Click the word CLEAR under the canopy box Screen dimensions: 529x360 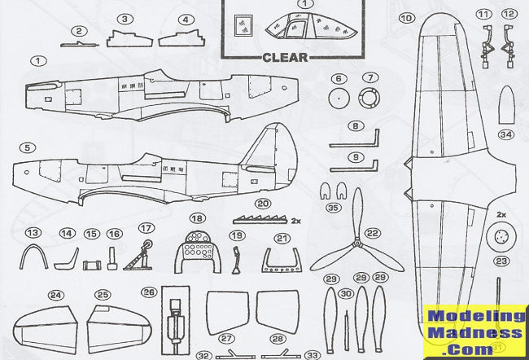click(285, 57)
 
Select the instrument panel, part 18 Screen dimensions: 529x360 click(198, 252)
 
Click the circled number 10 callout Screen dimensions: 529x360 click(407, 18)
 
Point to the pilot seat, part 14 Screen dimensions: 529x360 click(67, 258)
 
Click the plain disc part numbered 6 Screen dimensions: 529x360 click(339, 99)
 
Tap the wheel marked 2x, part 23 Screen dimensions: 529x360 click(503, 237)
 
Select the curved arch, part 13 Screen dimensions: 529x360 click(33, 257)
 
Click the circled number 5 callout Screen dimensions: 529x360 click(28, 148)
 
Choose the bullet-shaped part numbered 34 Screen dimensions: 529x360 click(507, 105)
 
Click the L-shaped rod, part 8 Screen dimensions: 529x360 click(354, 138)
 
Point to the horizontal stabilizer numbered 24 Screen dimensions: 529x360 click(46, 330)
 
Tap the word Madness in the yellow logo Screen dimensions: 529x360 click(475, 334)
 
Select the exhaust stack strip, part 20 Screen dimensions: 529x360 click(260, 220)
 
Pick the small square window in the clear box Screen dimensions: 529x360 click(243, 25)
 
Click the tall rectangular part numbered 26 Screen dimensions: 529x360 click(176, 320)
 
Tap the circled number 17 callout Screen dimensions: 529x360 click(146, 228)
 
